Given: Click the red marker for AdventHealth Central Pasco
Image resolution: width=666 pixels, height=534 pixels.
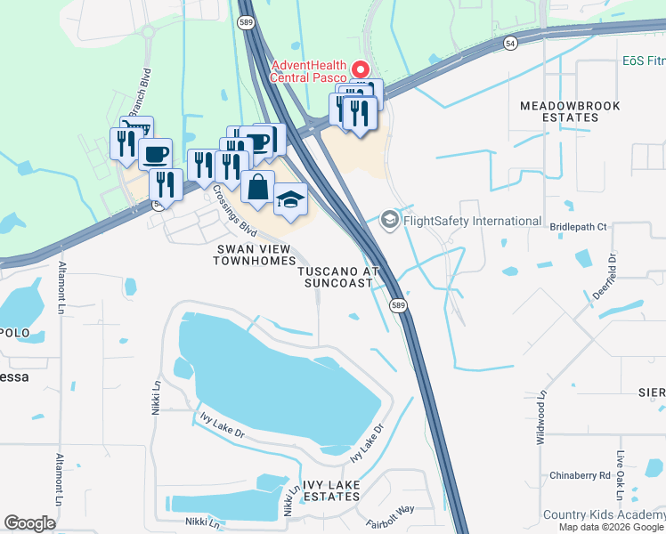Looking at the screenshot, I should point(361,69).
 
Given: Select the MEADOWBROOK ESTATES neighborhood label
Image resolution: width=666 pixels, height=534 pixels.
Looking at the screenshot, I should point(571,111).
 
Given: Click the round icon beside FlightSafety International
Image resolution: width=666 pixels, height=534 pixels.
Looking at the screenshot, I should point(390,220).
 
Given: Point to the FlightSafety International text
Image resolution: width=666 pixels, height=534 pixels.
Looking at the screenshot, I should point(472,221).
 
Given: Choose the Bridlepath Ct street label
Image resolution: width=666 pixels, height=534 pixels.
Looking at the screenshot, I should point(578,227).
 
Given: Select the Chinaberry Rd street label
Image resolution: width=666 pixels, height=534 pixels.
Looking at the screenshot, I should point(580,475).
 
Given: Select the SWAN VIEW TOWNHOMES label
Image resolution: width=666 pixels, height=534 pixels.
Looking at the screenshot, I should point(254,254).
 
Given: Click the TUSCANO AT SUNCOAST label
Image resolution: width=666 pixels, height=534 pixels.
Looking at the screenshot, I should point(338,276).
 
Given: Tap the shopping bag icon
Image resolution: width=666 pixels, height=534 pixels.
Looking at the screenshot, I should point(257,188).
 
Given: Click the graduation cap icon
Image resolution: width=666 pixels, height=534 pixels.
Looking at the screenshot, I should point(290,199).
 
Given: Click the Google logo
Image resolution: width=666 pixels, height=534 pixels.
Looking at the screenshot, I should point(30,523).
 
